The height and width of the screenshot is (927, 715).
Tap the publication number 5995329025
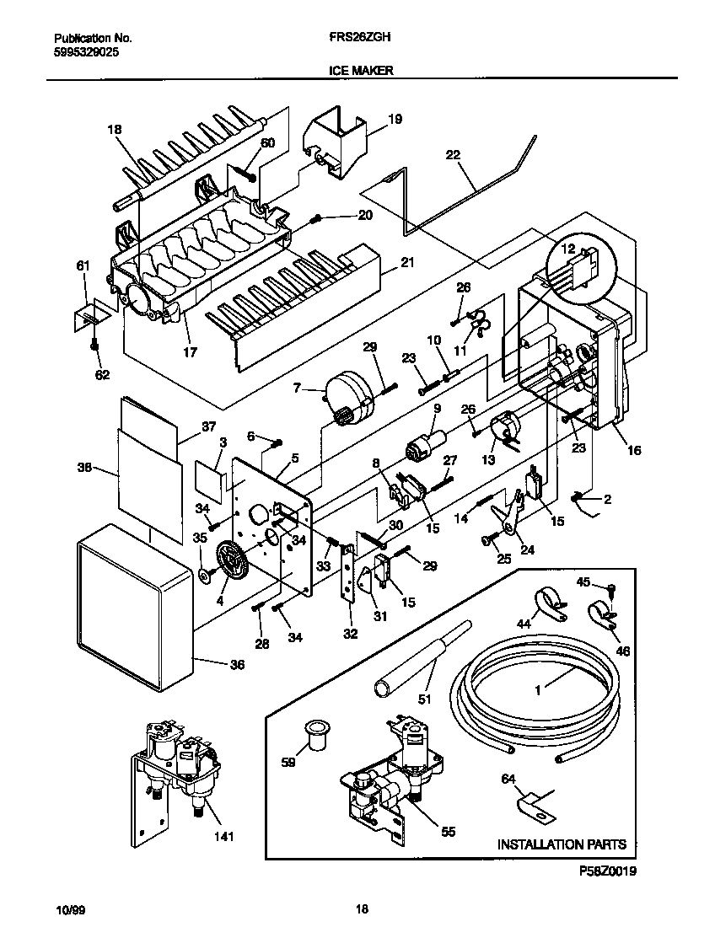coord(84,51)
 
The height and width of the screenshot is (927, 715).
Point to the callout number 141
coord(223,837)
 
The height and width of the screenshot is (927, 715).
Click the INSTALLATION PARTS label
coord(561,844)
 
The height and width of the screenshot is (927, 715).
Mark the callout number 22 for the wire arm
coord(453,154)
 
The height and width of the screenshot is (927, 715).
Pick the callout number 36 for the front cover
coord(237,665)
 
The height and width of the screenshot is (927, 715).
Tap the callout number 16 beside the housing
coord(633,451)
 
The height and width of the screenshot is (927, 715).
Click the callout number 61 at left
coord(83,266)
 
